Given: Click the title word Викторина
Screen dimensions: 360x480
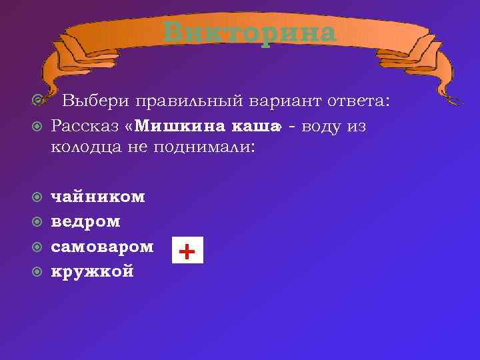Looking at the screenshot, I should tap(250, 32).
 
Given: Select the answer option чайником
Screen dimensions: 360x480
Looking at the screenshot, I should tap(98, 197).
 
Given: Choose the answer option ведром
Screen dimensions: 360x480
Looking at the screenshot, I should tap(86, 221).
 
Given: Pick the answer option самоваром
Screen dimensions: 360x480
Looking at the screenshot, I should tap(103, 247).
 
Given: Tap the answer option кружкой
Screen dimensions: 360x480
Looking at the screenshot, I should tap(93, 271).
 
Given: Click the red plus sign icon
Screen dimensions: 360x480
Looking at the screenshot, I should tap(188, 251).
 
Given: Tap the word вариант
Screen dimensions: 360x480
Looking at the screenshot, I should tap(279, 101).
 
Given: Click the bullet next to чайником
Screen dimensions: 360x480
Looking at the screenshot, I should tap(38, 197).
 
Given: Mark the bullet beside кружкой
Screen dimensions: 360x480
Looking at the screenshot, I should tap(38, 272).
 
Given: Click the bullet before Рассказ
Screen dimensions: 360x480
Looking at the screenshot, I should tap(38, 126).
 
